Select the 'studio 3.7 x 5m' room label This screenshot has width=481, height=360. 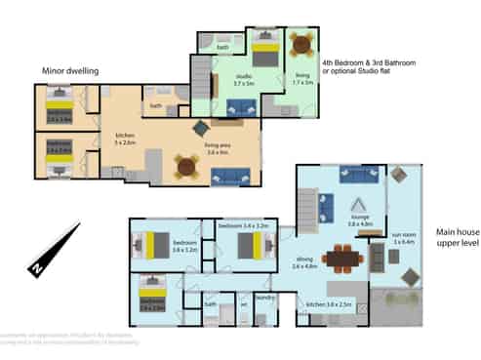click(x=243, y=82)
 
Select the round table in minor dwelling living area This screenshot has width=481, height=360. click(x=187, y=165)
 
